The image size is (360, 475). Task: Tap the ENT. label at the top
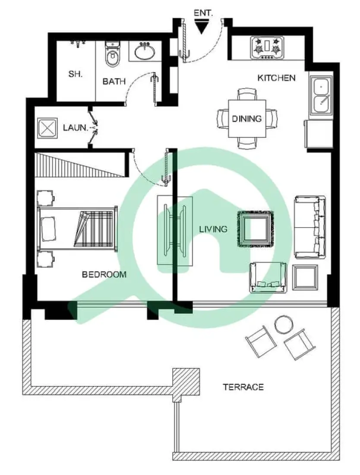tap(203, 13)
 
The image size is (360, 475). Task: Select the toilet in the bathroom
tap(113, 55)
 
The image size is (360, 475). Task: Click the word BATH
tap(114, 81)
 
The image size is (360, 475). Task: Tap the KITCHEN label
tap(276, 78)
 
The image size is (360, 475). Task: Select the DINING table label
tap(247, 119)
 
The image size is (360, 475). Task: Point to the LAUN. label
tap(76, 128)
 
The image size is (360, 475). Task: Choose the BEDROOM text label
tap(104, 274)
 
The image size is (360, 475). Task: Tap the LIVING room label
tap(213, 229)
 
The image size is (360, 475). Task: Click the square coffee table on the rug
tap(256, 229)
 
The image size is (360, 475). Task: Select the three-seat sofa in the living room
tap(310, 227)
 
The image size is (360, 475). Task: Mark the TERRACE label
tap(243, 386)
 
